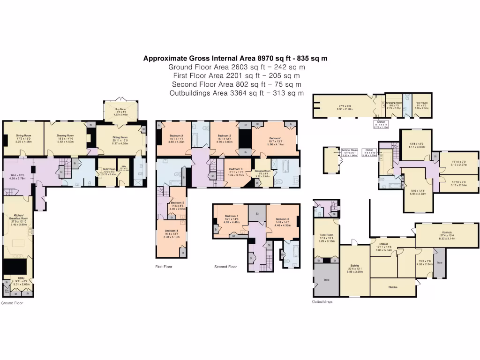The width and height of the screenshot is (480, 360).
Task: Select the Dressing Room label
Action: tap(262, 171)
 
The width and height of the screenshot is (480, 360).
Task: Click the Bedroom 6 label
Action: tap(282, 219)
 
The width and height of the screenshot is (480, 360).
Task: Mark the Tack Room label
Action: tap(326, 235)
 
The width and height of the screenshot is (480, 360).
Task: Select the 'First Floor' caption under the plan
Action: tap(164, 267)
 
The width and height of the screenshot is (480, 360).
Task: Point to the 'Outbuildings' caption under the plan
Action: tap(322, 301)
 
